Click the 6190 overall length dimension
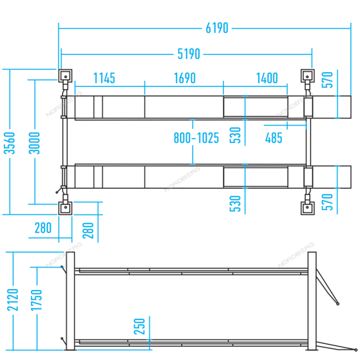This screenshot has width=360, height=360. coord(217,28)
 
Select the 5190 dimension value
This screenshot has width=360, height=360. coord(189,54)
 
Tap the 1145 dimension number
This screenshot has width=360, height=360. coord(104,78)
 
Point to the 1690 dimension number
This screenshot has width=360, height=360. coord(185,78)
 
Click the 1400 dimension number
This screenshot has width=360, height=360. coord(267,78)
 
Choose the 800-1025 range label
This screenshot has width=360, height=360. coord(196,138)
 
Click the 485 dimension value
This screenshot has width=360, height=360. coord(274,138)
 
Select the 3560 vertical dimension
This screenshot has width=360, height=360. coord(9,143)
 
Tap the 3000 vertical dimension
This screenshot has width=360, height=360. coord(34,143)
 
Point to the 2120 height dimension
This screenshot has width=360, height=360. coord(13,300)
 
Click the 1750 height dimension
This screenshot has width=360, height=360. coord(37,300)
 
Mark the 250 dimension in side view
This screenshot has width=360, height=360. coord(140,326)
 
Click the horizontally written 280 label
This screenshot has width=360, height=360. coord(43,228)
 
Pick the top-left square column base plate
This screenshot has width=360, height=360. coord(65,76)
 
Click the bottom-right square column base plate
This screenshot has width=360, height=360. coord(307,208)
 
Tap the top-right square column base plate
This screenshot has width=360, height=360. coord(307,76)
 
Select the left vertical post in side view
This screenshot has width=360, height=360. coord(70,301)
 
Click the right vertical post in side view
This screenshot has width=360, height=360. coord(312,301)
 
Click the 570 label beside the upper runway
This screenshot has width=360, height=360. coord(327,80)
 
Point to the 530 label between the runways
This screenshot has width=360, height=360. coord(235,135)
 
